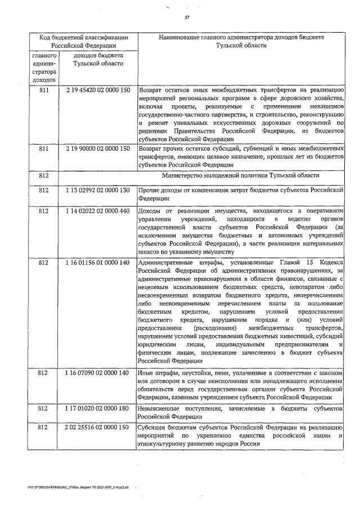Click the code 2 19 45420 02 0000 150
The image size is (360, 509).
pos(98,89)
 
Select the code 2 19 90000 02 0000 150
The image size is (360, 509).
pos(98,148)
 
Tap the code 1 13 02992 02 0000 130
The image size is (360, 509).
pos(98,191)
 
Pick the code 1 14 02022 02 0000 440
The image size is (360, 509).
pos(98,210)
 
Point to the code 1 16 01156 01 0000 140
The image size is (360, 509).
pos(98,263)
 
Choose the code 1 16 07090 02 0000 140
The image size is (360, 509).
pos(98,373)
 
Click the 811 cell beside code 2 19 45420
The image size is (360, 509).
pos(44,89)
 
